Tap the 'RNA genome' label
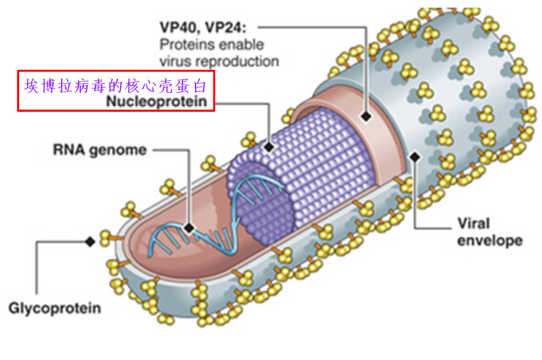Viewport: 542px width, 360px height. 99,150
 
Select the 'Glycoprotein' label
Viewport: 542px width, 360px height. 54,308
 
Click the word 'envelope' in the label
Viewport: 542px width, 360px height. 489,241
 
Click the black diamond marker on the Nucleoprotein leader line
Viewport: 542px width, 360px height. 269,147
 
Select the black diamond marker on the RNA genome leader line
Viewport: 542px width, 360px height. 189,228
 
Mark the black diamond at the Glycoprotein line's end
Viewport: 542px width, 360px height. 89,241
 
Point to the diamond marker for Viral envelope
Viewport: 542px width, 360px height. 415,157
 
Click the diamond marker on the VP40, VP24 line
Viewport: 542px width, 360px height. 366,116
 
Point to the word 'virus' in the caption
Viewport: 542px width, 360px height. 175,61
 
